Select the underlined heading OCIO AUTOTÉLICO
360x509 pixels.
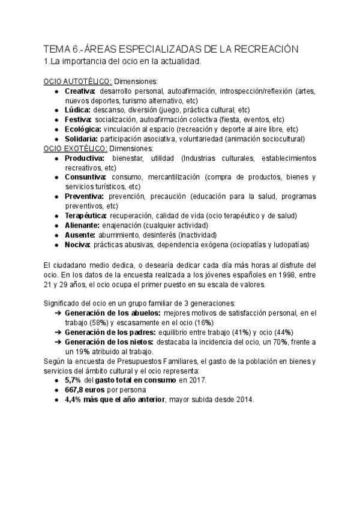click(x=78, y=81)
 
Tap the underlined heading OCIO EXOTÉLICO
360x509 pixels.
click(x=76, y=148)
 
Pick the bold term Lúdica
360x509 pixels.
click(x=78, y=110)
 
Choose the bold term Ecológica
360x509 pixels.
click(x=82, y=129)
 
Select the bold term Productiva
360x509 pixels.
click(x=84, y=158)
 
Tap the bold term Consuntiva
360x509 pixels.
click(x=85, y=177)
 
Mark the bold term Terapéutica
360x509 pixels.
click(x=86, y=215)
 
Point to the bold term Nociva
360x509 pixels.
click(x=78, y=244)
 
